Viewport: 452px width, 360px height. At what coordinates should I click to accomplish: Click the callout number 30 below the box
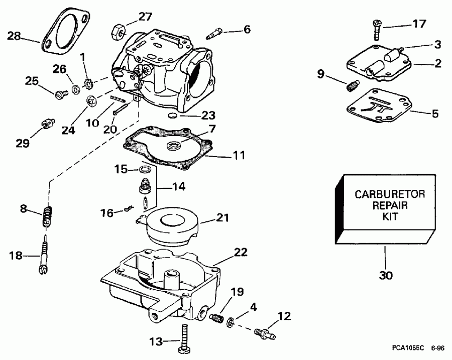click(386, 275)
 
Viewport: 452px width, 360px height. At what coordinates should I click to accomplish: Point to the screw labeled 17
click(377, 30)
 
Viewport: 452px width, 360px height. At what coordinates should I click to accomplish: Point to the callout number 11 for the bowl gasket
click(239, 157)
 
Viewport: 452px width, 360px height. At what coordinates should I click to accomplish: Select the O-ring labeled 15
click(144, 169)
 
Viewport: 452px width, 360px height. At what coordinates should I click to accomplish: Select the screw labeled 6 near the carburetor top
click(214, 34)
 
